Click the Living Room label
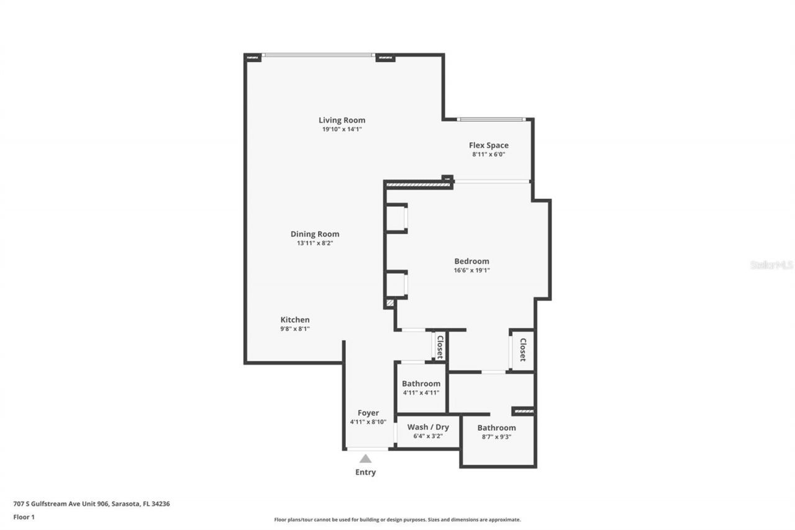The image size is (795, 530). (342, 120)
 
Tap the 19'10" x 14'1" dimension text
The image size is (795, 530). (342, 129)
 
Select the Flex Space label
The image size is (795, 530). (488, 145)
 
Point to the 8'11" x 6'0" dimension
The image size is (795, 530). (488, 154)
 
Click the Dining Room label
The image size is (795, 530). (315, 234)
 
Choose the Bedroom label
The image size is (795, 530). (471, 261)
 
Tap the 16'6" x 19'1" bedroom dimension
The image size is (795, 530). (471, 270)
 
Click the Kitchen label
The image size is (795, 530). (294, 319)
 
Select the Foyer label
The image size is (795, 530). (368, 413)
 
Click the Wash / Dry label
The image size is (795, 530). (428, 427)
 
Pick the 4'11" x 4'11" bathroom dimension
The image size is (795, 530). (420, 393)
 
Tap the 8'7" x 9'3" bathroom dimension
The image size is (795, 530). (496, 437)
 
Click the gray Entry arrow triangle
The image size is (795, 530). (365, 459)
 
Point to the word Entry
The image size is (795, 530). (365, 472)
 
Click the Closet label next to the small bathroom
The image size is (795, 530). (440, 347)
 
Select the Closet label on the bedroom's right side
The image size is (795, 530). (522, 350)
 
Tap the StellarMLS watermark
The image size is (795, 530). (771, 265)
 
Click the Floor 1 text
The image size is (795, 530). (24, 516)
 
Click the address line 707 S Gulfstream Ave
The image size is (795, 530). (91, 504)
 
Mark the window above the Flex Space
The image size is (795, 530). (492, 119)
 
